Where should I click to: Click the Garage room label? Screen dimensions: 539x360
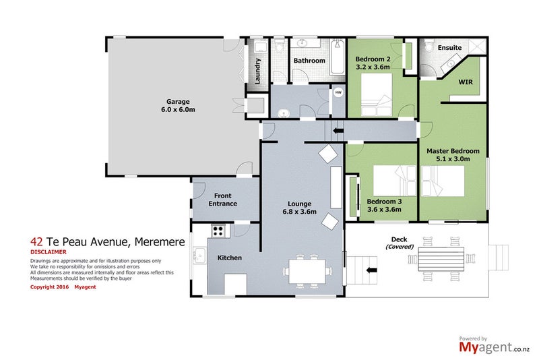tap(178, 102)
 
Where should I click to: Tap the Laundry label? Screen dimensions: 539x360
tap(257, 71)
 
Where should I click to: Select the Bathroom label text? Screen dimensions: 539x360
tap(309, 61)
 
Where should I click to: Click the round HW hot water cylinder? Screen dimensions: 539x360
tap(339, 92)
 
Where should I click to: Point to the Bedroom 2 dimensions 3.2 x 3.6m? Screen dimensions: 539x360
tap(373, 67)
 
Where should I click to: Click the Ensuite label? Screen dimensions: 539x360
tap(449, 48)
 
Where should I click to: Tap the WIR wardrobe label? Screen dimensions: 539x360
tap(466, 82)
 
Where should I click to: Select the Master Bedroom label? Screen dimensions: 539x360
tap(453, 151)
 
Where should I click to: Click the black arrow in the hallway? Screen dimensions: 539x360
tap(338, 131)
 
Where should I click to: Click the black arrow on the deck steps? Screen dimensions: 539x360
tap(372, 270)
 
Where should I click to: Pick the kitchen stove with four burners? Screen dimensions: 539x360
tap(218, 231)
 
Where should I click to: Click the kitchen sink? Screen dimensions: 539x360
tap(199, 256)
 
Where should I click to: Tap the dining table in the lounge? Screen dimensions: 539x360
tap(307, 271)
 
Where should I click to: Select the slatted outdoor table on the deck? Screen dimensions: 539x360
tap(441, 259)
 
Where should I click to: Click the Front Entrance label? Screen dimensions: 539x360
tap(223, 200)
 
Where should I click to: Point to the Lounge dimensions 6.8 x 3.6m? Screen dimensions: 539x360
tap(299, 212)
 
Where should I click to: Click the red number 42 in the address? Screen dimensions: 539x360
tap(36, 242)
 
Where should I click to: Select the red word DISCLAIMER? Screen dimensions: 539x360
tap(49, 252)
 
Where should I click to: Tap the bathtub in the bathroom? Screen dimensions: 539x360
tap(338, 57)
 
